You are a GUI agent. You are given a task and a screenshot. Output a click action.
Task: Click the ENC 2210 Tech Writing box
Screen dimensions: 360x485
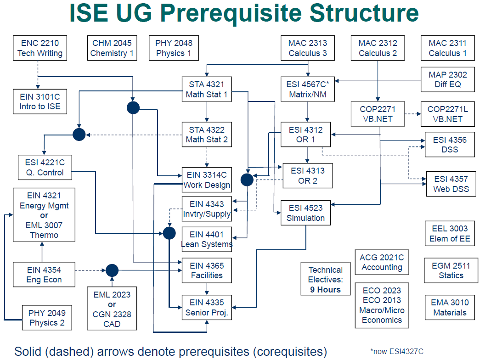(x=40, y=48)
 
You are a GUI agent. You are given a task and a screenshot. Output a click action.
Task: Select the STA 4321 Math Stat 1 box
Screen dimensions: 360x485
(x=207, y=90)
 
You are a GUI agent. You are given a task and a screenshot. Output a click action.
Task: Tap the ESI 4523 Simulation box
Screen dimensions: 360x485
(x=305, y=213)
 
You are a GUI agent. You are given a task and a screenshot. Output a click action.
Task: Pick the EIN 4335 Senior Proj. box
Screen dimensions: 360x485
(x=207, y=308)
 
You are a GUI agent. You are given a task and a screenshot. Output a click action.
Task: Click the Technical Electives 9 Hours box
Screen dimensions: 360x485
(x=325, y=280)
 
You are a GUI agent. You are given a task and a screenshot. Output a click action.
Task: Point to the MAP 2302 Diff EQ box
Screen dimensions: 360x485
(x=447, y=79)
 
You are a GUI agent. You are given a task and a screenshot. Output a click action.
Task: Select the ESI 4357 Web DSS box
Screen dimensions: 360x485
(x=451, y=184)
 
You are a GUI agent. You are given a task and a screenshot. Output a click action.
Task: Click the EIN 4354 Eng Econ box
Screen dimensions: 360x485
(x=44, y=275)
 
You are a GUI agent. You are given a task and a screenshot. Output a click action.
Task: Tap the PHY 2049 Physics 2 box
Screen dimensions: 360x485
(x=47, y=318)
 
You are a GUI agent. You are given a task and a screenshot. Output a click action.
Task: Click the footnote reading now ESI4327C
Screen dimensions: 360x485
(x=397, y=352)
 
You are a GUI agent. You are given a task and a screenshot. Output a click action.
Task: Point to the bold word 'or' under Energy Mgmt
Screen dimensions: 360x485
(x=44, y=215)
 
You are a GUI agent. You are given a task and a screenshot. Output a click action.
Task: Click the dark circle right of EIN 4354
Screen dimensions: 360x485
(x=112, y=270)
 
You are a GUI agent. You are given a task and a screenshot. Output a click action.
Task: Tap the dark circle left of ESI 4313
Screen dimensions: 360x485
(x=247, y=180)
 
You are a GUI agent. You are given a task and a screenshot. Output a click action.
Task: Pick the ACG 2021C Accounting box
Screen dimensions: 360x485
(x=381, y=262)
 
